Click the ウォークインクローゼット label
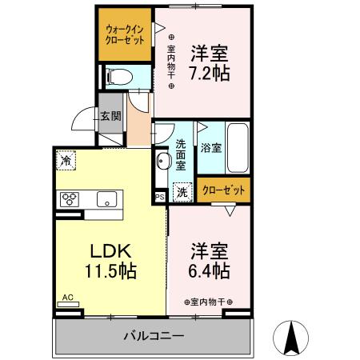tap(125, 34)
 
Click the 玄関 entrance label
tap(110, 115)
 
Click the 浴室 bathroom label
tap(211, 148)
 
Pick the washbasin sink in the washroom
tap(162, 162)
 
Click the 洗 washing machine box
tap(182, 192)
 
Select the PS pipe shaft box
tap(158, 194)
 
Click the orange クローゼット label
tap(224, 190)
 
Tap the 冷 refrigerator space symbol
tap(66, 160)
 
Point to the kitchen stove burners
tap(69, 198)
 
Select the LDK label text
tap(110, 249)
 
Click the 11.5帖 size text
tap(110, 270)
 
